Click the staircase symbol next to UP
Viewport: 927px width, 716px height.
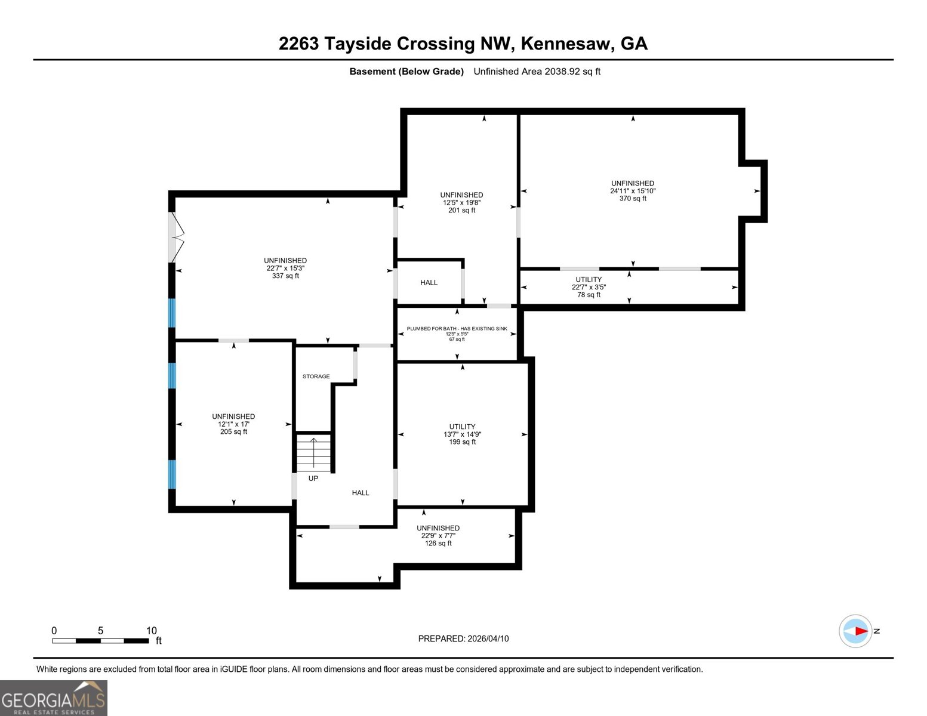pyautogui.click(x=314, y=453)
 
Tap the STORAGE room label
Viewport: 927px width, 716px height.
pyautogui.click(x=316, y=376)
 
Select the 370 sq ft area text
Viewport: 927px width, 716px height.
pyautogui.click(x=633, y=199)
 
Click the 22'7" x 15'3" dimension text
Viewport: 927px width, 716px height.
pyautogui.click(x=285, y=268)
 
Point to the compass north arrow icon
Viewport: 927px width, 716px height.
pyautogui.click(x=855, y=631)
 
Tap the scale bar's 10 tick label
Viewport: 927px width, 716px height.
pyautogui.click(x=152, y=631)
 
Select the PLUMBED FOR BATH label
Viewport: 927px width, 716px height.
pyautogui.click(x=457, y=329)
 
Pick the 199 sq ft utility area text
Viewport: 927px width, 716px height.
pyautogui.click(x=462, y=442)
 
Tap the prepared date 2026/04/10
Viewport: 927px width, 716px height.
pyautogui.click(x=488, y=638)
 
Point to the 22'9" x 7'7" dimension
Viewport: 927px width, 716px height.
pyautogui.click(x=438, y=536)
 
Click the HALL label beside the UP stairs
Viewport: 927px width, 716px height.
pyautogui.click(x=361, y=493)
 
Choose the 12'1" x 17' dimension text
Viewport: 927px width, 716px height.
pyautogui.click(x=233, y=424)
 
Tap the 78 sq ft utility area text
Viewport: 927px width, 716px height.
pyautogui.click(x=589, y=295)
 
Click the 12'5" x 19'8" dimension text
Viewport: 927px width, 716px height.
pyautogui.click(x=461, y=203)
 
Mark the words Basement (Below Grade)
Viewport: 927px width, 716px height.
pyautogui.click(x=406, y=72)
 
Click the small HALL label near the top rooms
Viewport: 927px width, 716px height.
pyautogui.click(x=429, y=283)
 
